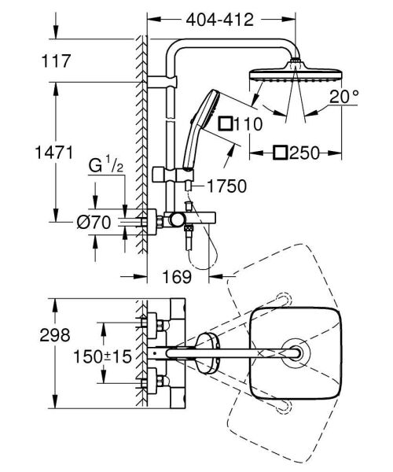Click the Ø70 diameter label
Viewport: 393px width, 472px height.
pos(95,223)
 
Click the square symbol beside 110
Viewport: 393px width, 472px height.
pos(226,124)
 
